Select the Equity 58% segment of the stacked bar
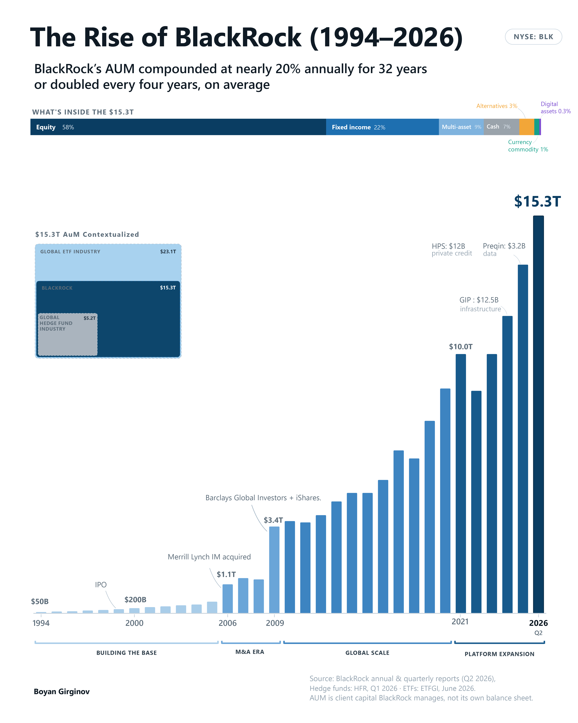click(x=178, y=127)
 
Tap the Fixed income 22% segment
click(x=382, y=127)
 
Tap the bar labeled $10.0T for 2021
click(x=461, y=484)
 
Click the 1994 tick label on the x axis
click(x=41, y=623)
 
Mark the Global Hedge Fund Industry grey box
click(x=68, y=334)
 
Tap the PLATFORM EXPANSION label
click(x=499, y=654)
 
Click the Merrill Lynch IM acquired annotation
click(x=209, y=557)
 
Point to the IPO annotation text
click(x=101, y=584)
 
